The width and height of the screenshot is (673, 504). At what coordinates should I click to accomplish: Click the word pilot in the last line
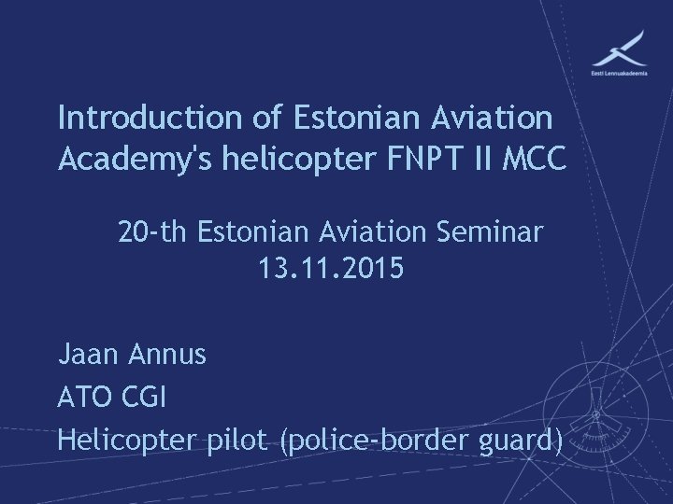241,438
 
